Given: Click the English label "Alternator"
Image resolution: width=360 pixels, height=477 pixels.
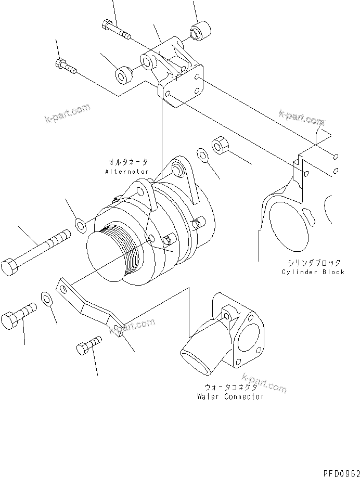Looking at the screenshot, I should pyautogui.click(x=127, y=171).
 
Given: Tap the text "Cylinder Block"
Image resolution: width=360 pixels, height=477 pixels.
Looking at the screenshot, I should pyautogui.click(x=313, y=272).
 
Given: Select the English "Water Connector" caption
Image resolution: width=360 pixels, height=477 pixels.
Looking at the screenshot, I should pyautogui.click(x=230, y=396).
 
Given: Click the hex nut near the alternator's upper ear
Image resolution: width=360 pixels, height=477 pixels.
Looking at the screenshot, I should pyautogui.click(x=218, y=145).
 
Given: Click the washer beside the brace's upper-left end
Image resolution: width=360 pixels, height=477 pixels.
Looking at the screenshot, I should pyautogui.click(x=46, y=299).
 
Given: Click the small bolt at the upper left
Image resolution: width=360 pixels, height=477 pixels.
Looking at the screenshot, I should pyautogui.click(x=65, y=66).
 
